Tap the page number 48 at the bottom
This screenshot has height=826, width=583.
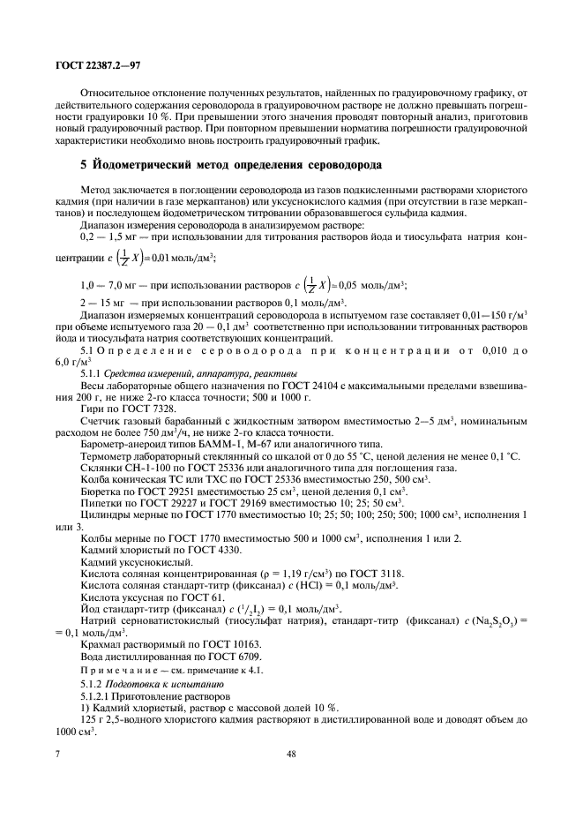coord(291,755)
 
